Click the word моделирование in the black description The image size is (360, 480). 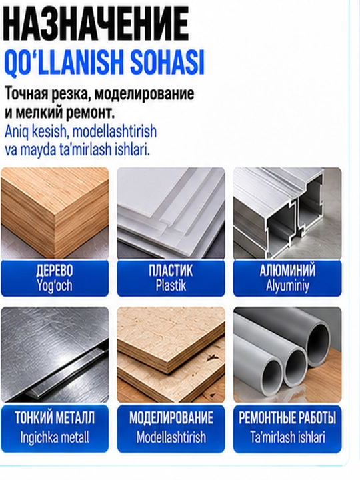coord(144,94)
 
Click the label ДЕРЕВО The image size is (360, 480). coord(55,270)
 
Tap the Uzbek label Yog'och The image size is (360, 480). coord(55,285)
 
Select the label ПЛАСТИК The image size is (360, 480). coord(171,270)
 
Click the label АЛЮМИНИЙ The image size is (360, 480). coord(287,270)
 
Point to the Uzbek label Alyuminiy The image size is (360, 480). coord(287,286)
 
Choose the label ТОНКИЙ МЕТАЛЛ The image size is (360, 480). coord(55,418)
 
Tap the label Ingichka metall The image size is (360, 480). coord(55,437)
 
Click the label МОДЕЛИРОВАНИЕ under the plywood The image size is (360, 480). coord(171,418)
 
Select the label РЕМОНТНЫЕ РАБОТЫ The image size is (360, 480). coord(287,418)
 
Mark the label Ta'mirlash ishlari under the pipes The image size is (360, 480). coord(287,437)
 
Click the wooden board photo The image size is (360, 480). coord(55,213)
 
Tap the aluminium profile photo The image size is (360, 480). coord(287,213)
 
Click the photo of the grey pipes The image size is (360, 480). coord(287,355)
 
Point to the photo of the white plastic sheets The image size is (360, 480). coord(171,213)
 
